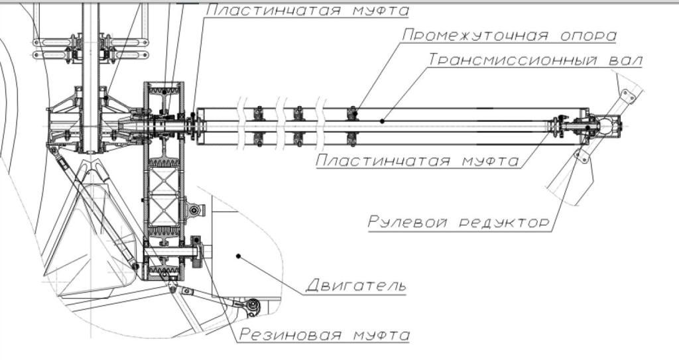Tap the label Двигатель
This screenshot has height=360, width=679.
click(x=356, y=285)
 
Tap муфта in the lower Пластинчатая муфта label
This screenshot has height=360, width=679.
click(x=491, y=160)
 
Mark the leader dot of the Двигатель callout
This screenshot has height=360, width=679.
click(x=238, y=257)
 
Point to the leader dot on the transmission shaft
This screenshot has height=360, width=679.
click(x=382, y=121)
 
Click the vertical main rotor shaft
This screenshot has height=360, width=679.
click(x=90, y=78)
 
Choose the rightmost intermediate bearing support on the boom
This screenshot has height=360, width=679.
click(x=353, y=126)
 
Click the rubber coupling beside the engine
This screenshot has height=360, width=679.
click(x=196, y=252)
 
